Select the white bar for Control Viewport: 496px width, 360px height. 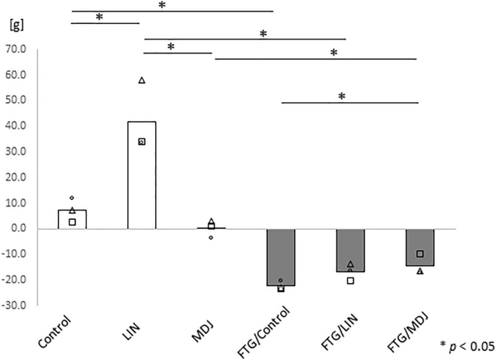coord(72,219)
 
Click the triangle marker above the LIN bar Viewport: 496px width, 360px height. coord(142,80)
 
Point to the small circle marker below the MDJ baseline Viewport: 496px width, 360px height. coord(211,238)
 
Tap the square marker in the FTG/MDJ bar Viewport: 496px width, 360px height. coord(420,254)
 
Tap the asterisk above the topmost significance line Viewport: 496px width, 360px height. coord(162,5)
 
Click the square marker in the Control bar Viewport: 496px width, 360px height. coord(72,222)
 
